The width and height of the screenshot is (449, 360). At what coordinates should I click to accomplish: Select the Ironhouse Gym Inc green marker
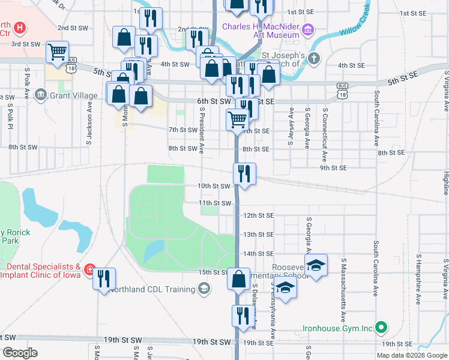(380, 328)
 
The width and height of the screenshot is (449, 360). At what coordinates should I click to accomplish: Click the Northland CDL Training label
(152, 289)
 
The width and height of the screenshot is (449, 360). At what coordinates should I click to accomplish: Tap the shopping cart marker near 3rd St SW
(58, 52)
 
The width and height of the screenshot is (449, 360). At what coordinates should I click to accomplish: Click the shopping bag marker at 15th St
(239, 278)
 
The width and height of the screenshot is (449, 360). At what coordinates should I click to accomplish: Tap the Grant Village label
(70, 95)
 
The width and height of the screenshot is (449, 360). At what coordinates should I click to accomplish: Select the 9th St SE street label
(333, 168)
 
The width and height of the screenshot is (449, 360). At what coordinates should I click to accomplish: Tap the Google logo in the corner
(20, 353)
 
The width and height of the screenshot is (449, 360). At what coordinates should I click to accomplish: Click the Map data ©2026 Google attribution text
(411, 355)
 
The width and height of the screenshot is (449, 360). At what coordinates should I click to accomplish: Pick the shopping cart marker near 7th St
(237, 119)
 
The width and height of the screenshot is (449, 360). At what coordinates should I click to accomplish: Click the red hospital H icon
(20, 28)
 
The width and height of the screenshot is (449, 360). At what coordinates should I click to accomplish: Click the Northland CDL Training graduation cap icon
(205, 289)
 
